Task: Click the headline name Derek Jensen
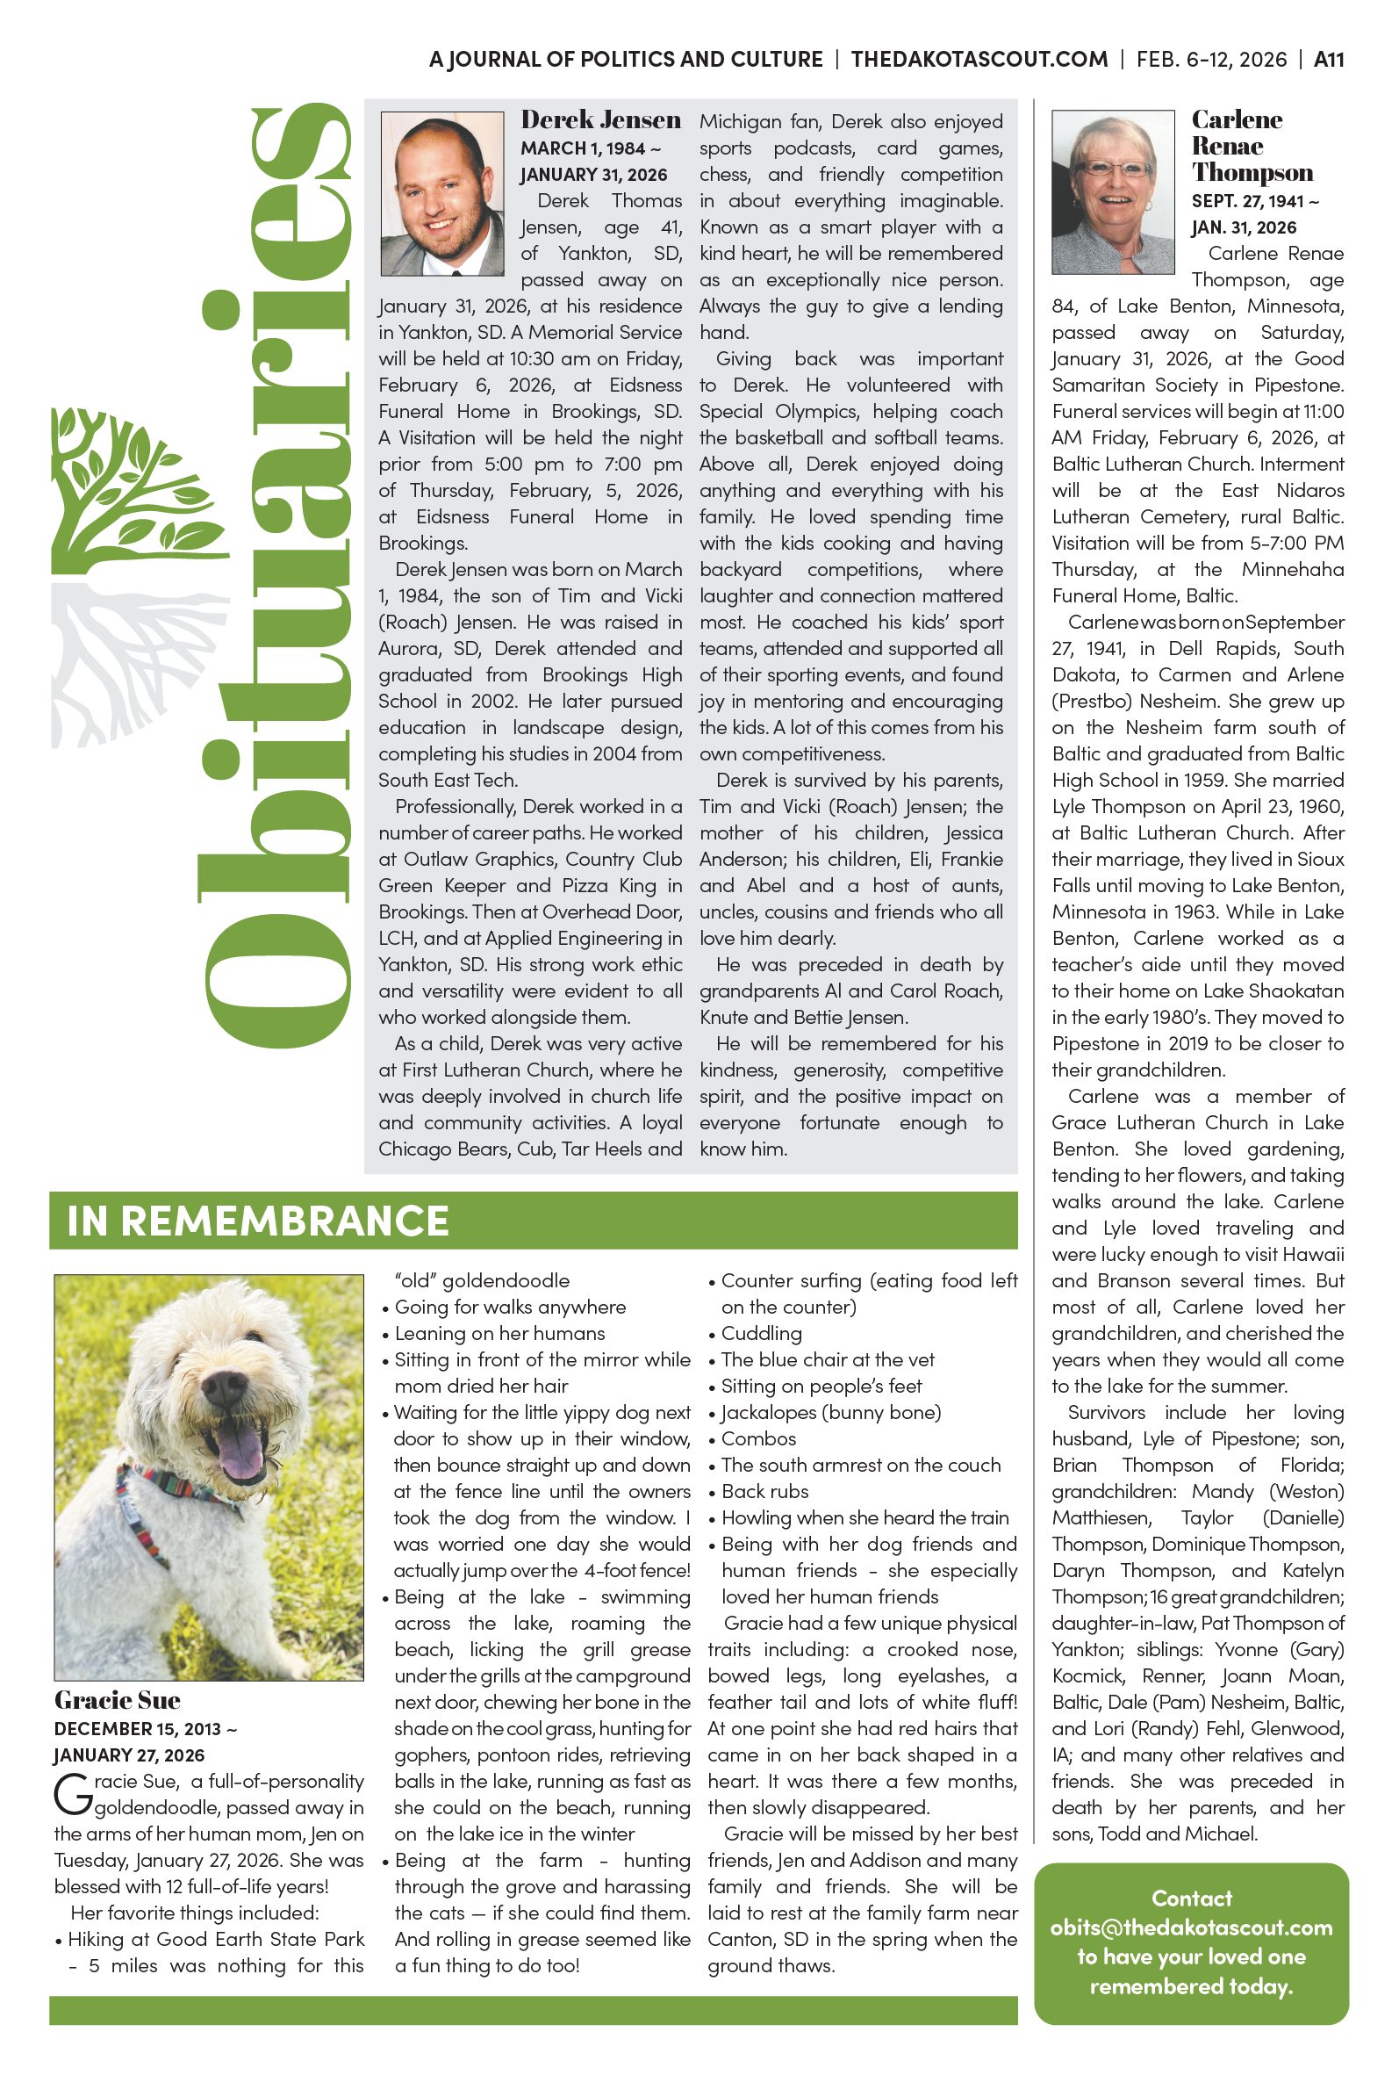coord(600,119)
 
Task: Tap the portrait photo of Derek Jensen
coord(441,193)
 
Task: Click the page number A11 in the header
coord(1328,60)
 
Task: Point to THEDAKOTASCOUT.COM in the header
coord(979,60)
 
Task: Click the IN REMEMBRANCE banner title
coord(257,1220)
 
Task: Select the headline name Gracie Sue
coord(117,1700)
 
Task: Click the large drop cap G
coord(72,1795)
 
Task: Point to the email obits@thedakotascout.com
coord(1191,1927)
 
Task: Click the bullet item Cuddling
coord(761,1333)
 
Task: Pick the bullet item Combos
coord(758,1438)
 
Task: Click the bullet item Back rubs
coord(764,1491)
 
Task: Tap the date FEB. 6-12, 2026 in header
coord(1211,60)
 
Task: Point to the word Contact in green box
coord(1191,1898)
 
